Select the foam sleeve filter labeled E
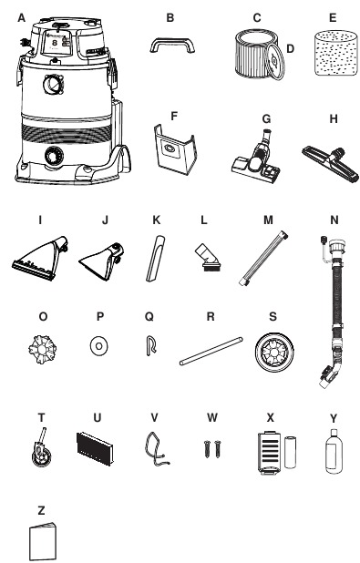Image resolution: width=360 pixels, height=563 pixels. point(336,54)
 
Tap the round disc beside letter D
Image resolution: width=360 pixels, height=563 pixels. point(275,61)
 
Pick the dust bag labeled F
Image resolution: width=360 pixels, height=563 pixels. point(175,148)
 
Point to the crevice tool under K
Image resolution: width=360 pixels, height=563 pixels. point(155,258)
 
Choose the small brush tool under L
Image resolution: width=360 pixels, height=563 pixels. point(206,256)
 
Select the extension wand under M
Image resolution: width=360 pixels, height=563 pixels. point(263,258)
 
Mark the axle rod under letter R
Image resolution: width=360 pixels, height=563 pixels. point(211,351)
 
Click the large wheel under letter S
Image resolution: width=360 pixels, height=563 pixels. point(274,352)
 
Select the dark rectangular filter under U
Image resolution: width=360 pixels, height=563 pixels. point(95,448)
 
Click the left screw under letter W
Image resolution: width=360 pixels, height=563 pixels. point(207,449)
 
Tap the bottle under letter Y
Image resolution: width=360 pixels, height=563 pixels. point(334,452)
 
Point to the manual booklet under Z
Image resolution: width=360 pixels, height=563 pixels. point(43,542)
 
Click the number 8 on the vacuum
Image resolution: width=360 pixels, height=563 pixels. point(55,43)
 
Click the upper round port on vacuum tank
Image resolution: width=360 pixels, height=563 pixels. point(54,85)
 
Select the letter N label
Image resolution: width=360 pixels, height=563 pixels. point(334,220)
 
